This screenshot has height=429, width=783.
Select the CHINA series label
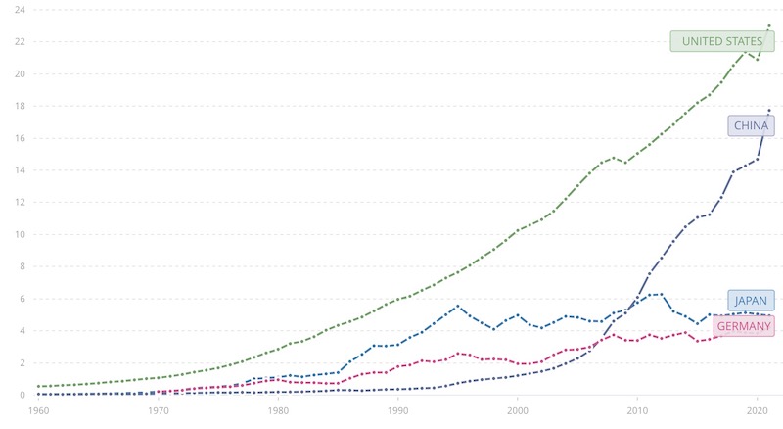751,125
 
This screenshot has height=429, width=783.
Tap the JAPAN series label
752,301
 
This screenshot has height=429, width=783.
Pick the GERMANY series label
745,326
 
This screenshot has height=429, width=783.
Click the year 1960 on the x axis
39,412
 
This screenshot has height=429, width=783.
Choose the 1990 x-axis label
397,412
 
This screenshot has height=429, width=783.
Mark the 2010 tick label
637,412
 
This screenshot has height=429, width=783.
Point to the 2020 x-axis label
757,412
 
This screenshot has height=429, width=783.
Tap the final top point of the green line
769,24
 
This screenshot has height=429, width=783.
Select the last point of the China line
769,110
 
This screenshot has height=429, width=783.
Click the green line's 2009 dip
625,163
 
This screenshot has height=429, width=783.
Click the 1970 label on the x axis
159,412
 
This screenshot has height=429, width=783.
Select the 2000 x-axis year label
518,412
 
